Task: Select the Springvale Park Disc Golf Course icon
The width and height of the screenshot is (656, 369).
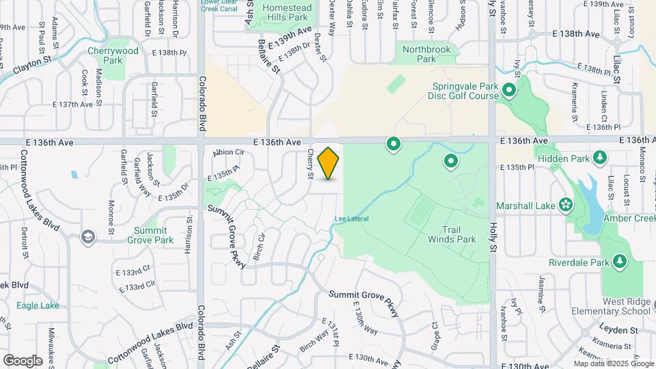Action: tap(508, 90)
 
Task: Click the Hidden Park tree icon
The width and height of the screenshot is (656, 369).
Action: tap(600, 158)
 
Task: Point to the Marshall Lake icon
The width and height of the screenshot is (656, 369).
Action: tap(566, 204)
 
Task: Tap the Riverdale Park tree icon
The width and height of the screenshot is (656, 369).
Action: tap(620, 262)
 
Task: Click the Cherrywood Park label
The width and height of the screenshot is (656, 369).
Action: tap(113, 55)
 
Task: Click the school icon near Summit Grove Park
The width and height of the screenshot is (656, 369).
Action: tap(87, 237)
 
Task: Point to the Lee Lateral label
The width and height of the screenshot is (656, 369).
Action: tap(352, 219)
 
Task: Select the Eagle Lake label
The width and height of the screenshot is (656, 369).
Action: tap(38, 305)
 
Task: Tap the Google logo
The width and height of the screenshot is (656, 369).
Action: tap(22, 360)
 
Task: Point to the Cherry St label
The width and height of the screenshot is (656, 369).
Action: tap(310, 165)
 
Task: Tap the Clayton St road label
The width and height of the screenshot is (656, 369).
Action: tap(33, 65)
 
